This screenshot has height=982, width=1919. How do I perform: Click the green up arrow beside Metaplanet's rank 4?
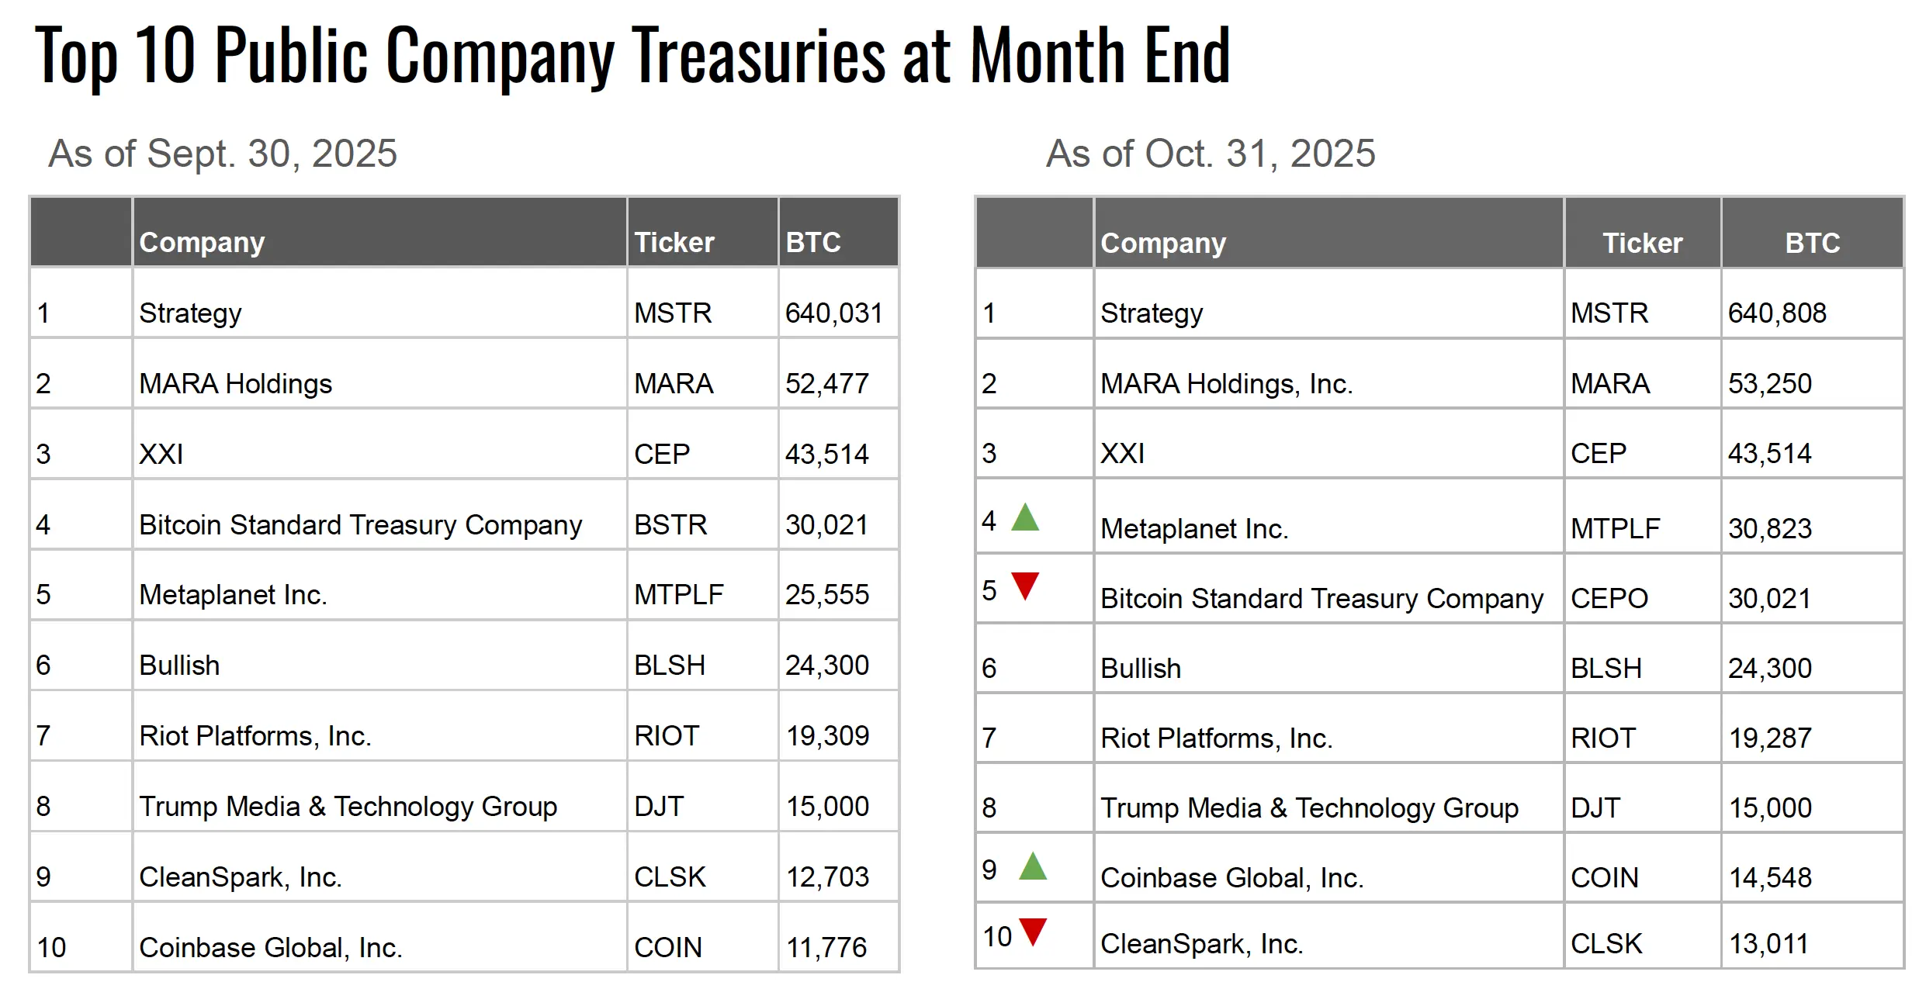click(1024, 518)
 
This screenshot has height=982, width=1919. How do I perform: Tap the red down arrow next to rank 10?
click(1033, 930)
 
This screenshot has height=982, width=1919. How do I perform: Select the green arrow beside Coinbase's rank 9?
click(1032, 866)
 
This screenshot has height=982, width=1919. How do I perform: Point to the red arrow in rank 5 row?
click(1025, 585)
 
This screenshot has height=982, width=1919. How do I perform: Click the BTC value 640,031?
click(833, 313)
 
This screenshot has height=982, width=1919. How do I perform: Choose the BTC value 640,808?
click(1777, 313)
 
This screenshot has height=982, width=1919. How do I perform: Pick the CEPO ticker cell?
click(1609, 599)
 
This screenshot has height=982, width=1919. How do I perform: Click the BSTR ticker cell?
click(670, 525)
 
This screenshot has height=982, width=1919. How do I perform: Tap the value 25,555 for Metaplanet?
click(826, 595)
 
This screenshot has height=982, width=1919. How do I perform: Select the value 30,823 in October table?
click(1769, 529)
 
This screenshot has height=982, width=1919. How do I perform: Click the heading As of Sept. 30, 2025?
click(223, 154)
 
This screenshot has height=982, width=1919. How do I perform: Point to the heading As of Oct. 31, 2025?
click(1210, 154)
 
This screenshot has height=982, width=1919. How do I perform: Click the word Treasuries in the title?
click(758, 56)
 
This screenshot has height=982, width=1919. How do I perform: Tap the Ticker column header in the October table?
click(1642, 244)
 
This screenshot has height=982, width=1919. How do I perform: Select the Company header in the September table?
click(202, 243)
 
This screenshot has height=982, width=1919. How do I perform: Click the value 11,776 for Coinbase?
click(826, 948)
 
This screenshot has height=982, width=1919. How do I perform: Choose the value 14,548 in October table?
click(1770, 878)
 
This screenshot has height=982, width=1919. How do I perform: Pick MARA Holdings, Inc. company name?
click(1226, 384)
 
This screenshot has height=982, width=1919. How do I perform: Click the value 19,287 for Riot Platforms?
click(1770, 738)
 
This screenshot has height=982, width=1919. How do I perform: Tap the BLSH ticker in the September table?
click(669, 666)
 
